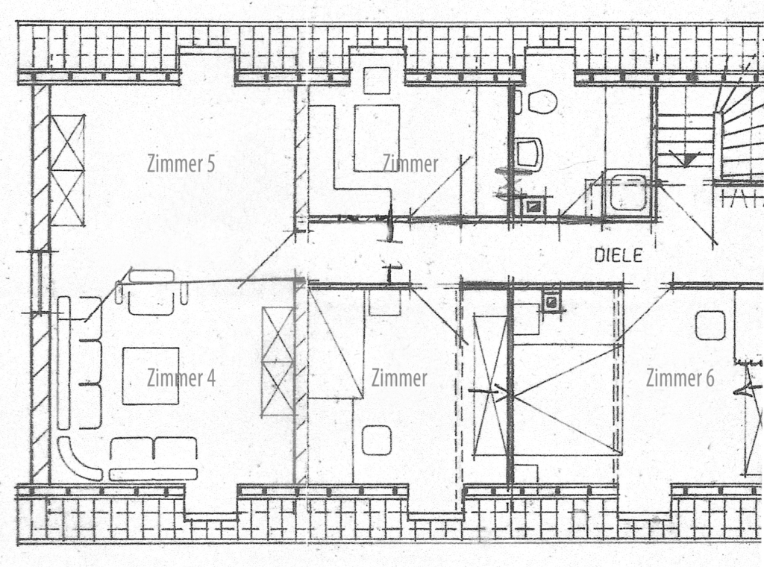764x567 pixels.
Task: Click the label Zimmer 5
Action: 181,164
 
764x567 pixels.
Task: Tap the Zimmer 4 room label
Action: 181,378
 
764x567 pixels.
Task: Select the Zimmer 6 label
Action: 680,378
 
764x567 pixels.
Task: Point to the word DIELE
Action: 619,255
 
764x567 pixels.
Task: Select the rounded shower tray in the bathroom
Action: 627,193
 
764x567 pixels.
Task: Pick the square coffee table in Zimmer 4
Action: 151,376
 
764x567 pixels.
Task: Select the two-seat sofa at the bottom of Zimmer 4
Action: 154,459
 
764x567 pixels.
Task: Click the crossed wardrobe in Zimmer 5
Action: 68,171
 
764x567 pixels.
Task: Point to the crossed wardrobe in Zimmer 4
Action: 278,362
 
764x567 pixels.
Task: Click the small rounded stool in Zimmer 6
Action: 710,326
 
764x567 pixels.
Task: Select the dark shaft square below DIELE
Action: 551,303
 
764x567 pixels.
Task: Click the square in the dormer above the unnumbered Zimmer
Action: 377,81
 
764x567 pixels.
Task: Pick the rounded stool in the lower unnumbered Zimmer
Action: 377,440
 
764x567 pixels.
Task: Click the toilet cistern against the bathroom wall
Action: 518,101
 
